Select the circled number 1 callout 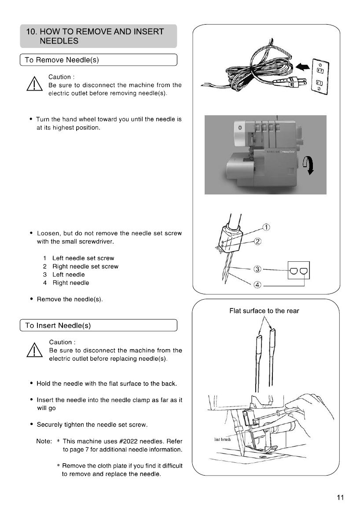(266, 227)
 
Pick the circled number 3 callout (258, 268)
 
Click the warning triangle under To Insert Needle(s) (33, 352)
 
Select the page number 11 (339, 498)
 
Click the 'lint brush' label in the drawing (223, 439)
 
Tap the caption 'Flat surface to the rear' (264, 311)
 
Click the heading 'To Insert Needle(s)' (60, 326)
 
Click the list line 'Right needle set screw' (85, 267)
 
